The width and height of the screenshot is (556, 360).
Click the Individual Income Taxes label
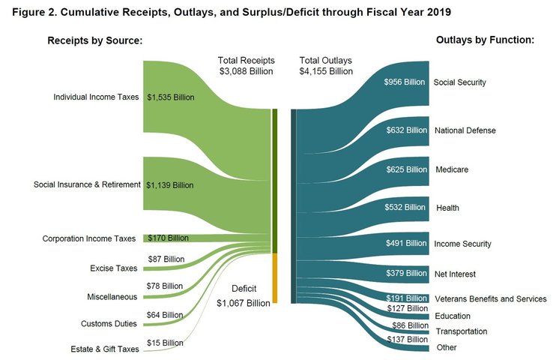[x=97, y=97]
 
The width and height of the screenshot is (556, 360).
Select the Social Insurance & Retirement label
[x=87, y=184]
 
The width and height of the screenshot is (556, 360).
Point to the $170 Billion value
[x=168, y=238]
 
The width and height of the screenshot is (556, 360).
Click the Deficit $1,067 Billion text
[x=243, y=295]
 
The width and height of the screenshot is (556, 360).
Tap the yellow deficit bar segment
[x=275, y=278]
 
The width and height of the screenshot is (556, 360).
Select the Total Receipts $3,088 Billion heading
[x=247, y=65]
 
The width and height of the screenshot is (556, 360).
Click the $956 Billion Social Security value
[x=405, y=82]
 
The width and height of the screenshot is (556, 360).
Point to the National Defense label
[x=465, y=130]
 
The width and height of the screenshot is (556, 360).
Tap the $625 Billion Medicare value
[x=405, y=169]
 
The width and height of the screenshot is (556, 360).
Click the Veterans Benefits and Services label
[x=490, y=299]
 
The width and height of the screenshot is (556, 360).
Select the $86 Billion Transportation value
[x=407, y=326]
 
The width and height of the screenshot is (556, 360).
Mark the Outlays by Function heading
[x=485, y=40]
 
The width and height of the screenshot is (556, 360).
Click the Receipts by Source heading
[x=95, y=40]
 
